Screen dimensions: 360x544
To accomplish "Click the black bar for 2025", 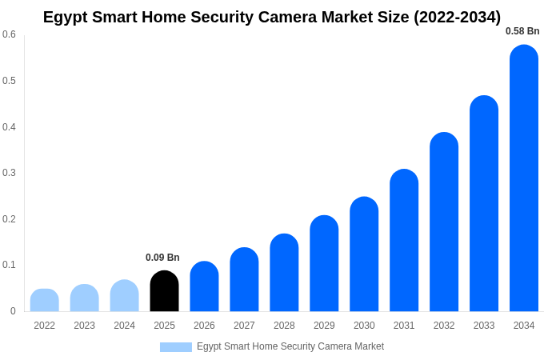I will pyautogui.click(x=164, y=291).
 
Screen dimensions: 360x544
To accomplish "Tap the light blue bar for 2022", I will pyautogui.click(x=45, y=300).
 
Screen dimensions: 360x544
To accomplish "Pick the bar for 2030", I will pyautogui.click(x=364, y=254).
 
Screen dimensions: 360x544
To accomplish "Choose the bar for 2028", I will pyautogui.click(x=284, y=273).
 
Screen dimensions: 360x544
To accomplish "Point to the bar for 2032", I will pyautogui.click(x=444, y=222).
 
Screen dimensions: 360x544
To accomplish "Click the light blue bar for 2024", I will pyautogui.click(x=124, y=296).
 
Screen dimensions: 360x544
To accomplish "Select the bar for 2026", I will pyautogui.click(x=204, y=286).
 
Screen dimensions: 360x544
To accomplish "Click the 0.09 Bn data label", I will pyautogui.click(x=162, y=258).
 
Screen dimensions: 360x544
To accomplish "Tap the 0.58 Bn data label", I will pyautogui.click(x=522, y=31).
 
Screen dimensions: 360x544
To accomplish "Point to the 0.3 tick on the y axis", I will pyautogui.click(x=9, y=173).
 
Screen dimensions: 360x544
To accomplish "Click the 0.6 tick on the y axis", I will pyautogui.click(x=9, y=34).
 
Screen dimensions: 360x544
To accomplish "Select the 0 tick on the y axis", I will pyautogui.click(x=13, y=311).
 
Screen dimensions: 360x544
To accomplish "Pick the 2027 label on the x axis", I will pyautogui.click(x=244, y=326).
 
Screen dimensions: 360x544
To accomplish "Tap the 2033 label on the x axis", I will pyautogui.click(x=484, y=326).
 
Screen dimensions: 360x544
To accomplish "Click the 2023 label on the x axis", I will pyautogui.click(x=84, y=326).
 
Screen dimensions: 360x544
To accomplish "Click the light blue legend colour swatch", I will pyautogui.click(x=176, y=347).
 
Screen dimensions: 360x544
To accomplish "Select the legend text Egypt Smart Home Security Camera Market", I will pyautogui.click(x=290, y=346).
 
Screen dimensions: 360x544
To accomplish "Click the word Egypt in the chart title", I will pyautogui.click(x=66, y=17).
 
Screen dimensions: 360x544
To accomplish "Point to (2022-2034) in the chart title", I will pyautogui.click(x=457, y=17).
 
